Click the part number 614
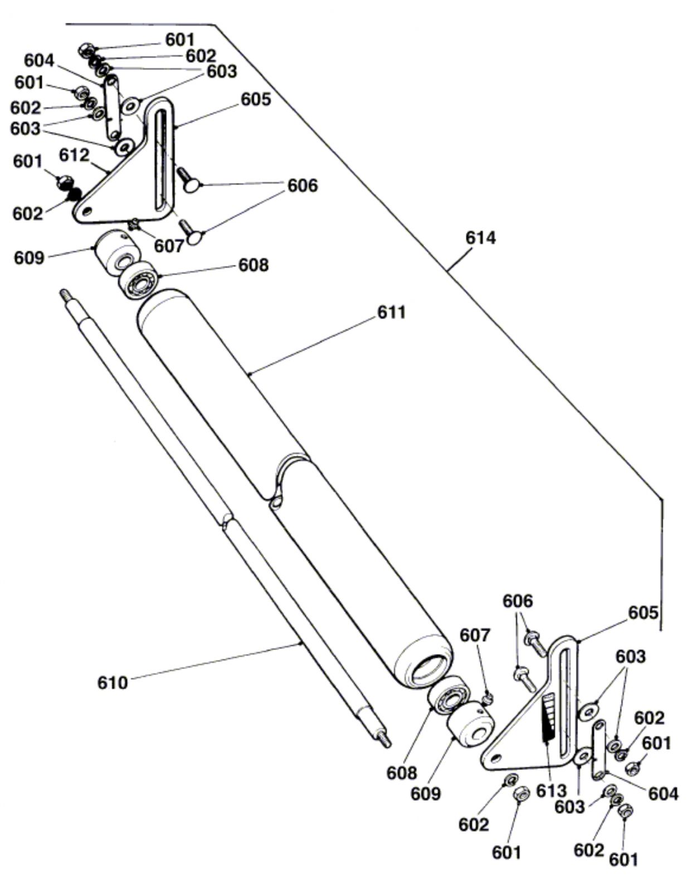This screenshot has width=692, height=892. (x=480, y=238)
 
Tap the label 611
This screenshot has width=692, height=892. (x=391, y=312)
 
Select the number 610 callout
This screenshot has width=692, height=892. (x=113, y=683)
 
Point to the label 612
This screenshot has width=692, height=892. (x=74, y=155)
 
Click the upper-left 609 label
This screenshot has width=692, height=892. (x=29, y=258)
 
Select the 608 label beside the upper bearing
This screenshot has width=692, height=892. (x=254, y=265)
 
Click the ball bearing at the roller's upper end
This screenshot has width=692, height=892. (x=138, y=280)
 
